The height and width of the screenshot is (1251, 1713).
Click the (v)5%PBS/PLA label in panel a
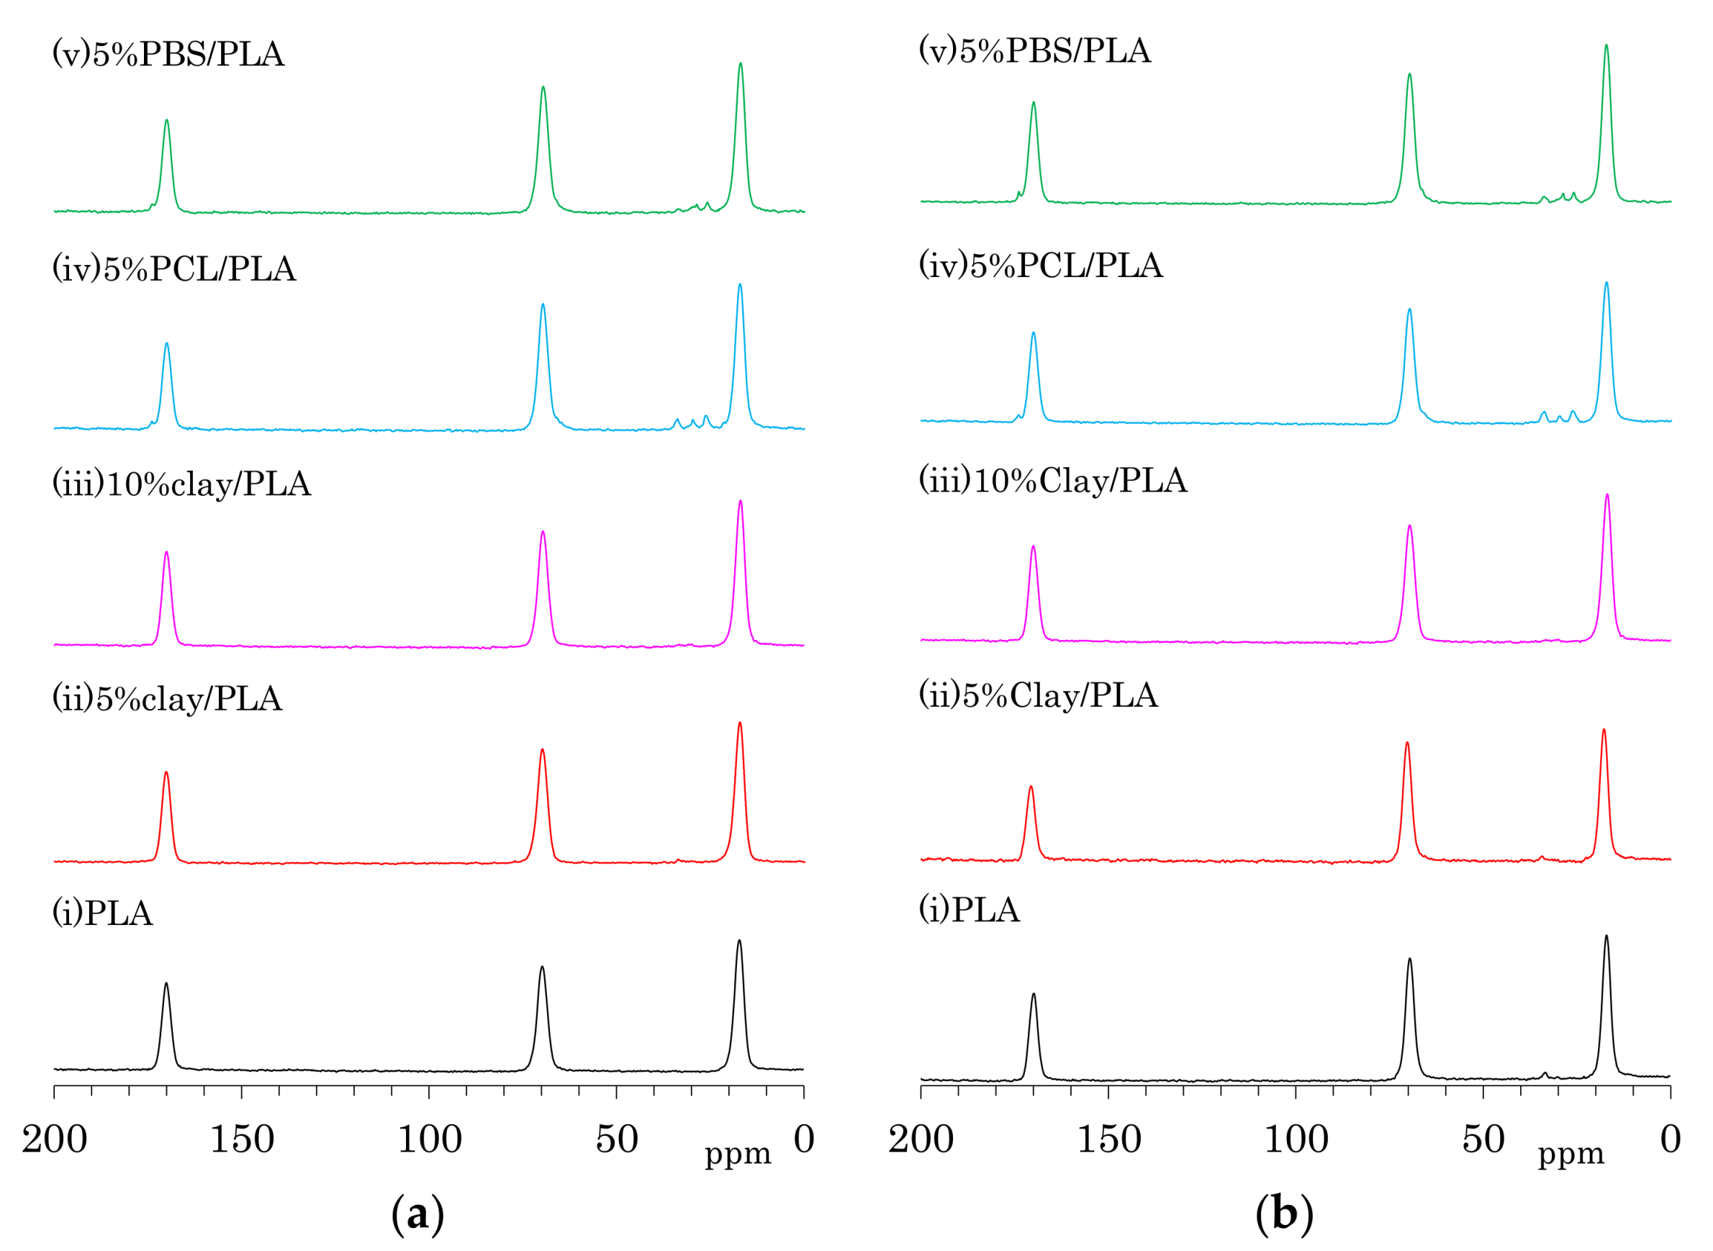[168, 55]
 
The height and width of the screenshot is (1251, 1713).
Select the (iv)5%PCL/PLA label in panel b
[1041, 266]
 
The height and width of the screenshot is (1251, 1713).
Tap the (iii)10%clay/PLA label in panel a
[182, 484]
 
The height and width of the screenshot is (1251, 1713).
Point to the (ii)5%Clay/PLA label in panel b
[1039, 696]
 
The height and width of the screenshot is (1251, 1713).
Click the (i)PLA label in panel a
[102, 913]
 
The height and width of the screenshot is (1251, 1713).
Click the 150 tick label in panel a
[242, 1140]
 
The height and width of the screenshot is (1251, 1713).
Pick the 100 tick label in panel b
[1296, 1140]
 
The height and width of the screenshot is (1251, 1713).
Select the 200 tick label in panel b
[921, 1140]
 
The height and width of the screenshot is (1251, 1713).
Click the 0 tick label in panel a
[803, 1140]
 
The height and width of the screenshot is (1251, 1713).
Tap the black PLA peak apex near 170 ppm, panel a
[166, 984]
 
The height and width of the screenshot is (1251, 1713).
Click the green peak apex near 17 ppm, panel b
[1606, 45]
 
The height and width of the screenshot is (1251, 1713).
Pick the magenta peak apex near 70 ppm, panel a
[543, 532]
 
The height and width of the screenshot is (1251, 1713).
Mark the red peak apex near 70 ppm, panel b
[1407, 743]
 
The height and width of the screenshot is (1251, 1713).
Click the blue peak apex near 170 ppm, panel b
[1034, 333]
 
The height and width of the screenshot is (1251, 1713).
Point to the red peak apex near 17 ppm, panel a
[740, 723]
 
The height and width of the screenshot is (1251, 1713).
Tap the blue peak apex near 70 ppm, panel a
[543, 304]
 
